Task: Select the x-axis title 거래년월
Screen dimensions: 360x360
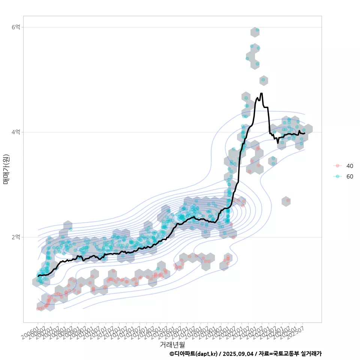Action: coord(172,344)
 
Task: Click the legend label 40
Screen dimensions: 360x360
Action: coord(350,166)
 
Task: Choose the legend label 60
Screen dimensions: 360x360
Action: coord(350,176)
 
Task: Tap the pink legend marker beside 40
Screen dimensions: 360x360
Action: coord(337,166)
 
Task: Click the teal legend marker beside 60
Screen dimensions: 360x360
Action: coord(337,176)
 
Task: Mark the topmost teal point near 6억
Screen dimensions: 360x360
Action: coord(257,30)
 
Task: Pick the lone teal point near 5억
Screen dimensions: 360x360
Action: coord(263,79)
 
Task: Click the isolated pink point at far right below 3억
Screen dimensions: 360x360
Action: coord(288,201)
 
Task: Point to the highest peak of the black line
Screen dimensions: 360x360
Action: coord(261,93)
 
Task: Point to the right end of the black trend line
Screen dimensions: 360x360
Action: coord(304,133)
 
